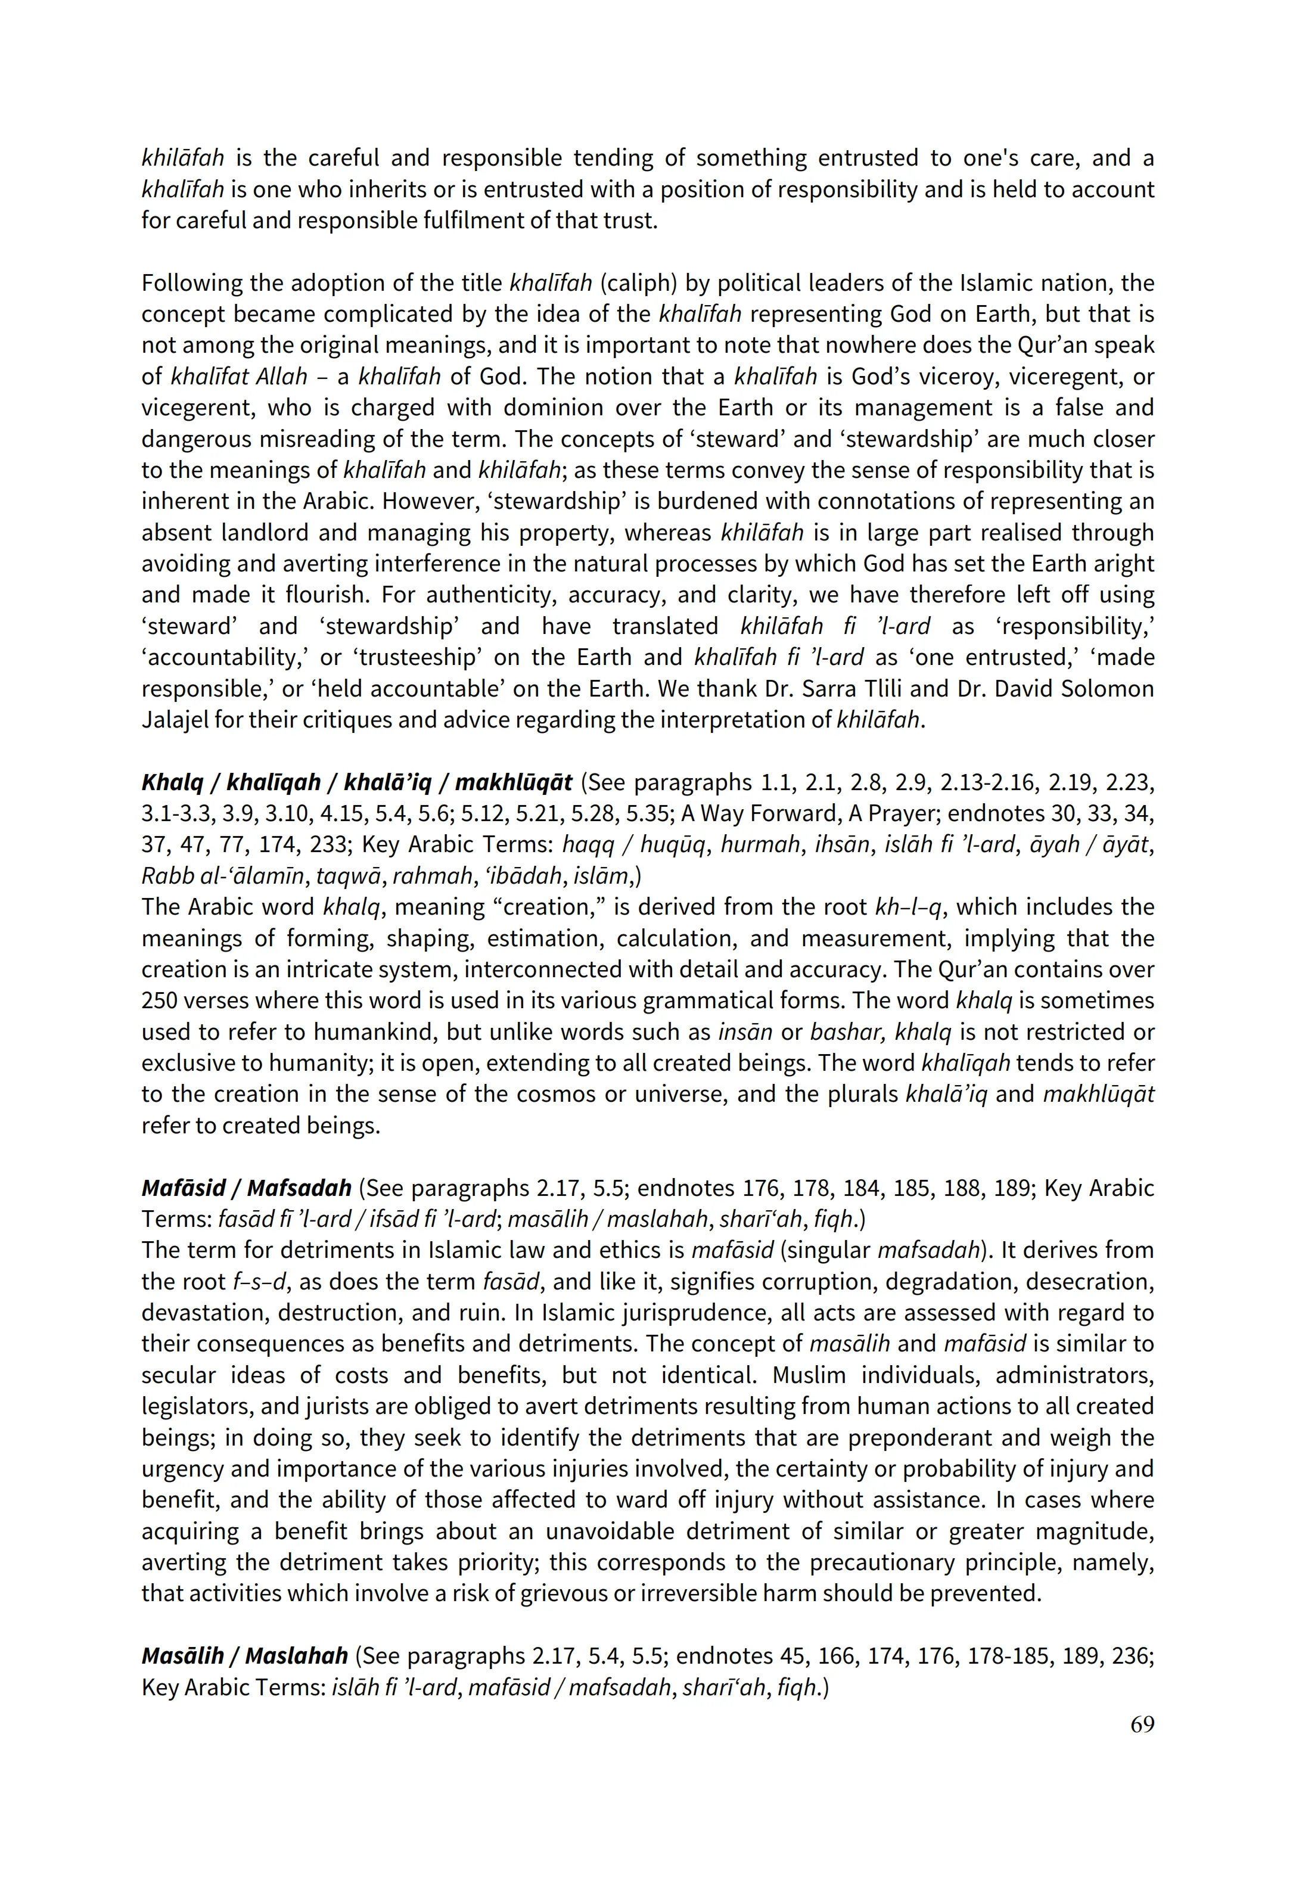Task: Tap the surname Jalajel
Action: pyautogui.click(x=175, y=720)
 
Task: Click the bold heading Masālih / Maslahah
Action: pyautogui.click(x=244, y=1656)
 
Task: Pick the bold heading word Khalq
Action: pyautogui.click(x=172, y=782)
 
